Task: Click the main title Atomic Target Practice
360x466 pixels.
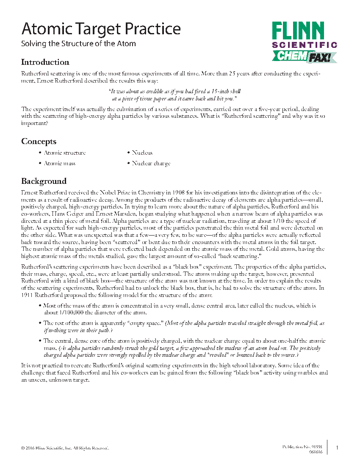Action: [101, 29]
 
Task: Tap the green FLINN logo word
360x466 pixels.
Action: [298, 32]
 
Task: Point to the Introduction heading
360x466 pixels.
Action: [45, 62]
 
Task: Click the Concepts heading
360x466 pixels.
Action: [39, 141]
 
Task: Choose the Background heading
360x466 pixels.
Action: [44, 181]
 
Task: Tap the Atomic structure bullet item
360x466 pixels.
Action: [64, 153]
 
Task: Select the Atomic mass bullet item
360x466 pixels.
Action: [60, 163]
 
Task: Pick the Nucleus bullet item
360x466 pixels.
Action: [142, 153]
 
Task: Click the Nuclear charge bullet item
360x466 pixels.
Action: [151, 163]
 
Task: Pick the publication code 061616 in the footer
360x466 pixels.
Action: [316, 452]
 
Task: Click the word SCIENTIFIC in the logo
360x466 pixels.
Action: [305, 44]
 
